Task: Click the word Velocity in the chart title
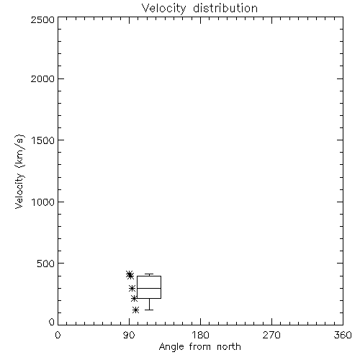163,8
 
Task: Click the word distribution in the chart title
225,8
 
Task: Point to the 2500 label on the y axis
42,19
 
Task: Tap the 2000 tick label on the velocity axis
42,78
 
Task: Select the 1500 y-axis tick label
43,140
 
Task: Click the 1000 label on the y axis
43,202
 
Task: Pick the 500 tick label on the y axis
46,264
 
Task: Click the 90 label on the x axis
129,335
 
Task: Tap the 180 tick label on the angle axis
200,335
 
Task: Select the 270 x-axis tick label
271,335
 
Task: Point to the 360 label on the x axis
343,335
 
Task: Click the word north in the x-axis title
229,347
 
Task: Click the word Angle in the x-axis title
171,347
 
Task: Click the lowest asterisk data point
135,310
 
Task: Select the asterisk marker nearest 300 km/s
132,288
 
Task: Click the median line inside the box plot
149,288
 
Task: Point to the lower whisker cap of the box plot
149,310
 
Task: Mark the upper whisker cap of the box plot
149,274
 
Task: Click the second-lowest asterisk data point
134,299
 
